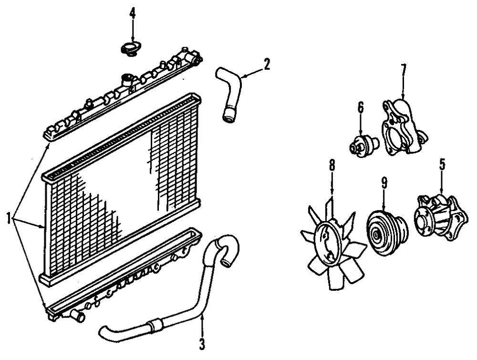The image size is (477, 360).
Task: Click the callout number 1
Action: [9, 219]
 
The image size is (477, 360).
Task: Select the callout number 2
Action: [267, 64]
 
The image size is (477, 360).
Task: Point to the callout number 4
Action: [132, 13]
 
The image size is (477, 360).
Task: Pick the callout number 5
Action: [442, 165]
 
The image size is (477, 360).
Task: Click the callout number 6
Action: [361, 107]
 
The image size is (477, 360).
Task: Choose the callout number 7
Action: [403, 71]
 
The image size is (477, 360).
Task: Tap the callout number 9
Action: [383, 182]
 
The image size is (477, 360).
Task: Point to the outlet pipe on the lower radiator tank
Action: [76, 315]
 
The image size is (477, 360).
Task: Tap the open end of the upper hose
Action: [228, 116]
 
